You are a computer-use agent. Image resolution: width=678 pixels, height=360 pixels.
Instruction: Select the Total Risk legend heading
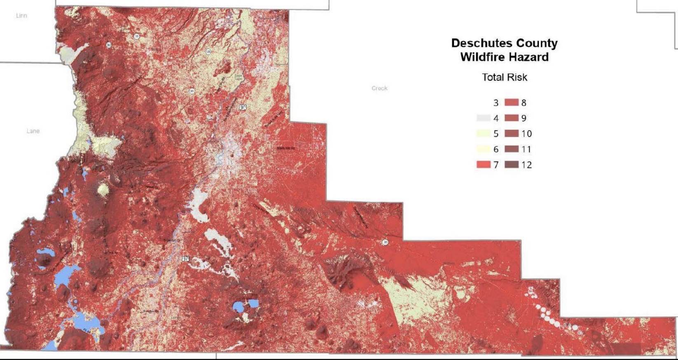tap(505, 77)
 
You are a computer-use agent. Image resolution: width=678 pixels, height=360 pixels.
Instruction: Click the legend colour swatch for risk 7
tap(484, 165)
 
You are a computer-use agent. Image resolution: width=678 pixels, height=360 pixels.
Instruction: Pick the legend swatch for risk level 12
tap(512, 165)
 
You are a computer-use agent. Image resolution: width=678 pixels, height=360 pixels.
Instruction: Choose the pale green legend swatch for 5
tap(484, 133)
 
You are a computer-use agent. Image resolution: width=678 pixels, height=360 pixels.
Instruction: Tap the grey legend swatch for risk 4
tap(484, 118)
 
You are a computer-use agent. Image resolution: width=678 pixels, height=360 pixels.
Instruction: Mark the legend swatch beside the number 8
tap(512, 103)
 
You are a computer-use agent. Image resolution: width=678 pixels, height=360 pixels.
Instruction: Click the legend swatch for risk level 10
tap(512, 133)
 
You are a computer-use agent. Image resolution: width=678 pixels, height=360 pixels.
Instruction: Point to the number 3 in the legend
tap(496, 103)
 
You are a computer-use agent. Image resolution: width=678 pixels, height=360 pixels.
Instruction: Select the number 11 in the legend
tap(526, 149)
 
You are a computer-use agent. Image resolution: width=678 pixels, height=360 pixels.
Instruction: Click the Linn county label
tap(21, 16)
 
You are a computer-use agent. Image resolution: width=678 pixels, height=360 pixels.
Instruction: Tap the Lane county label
tap(33, 131)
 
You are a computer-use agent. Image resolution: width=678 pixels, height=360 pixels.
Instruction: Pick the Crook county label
tap(379, 88)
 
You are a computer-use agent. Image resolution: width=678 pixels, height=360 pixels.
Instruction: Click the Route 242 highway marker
tap(109, 45)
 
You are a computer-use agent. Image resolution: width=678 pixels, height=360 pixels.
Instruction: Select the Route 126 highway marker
tap(208, 51)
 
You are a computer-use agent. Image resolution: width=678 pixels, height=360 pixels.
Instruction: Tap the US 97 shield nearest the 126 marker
tap(243, 107)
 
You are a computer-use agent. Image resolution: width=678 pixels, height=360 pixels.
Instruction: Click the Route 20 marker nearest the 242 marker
tap(136, 36)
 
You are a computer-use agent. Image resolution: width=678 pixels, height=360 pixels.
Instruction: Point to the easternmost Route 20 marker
tap(385, 242)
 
